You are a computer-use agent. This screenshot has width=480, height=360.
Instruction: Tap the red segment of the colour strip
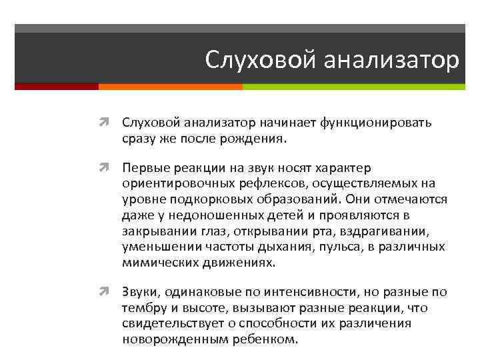click(56, 87)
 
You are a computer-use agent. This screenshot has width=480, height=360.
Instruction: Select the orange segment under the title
click(170, 87)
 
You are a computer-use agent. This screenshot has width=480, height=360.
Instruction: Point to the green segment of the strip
click(353, 87)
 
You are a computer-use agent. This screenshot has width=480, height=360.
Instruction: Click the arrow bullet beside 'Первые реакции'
click(109, 168)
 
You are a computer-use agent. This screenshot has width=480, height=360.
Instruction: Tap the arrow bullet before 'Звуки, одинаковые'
click(109, 293)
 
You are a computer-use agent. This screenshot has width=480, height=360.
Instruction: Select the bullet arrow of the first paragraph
click(109, 123)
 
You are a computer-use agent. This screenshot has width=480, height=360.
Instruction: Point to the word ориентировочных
click(171, 184)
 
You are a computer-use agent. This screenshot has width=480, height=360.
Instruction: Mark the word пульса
click(350, 246)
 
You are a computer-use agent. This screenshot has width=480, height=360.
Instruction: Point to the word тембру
click(143, 308)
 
